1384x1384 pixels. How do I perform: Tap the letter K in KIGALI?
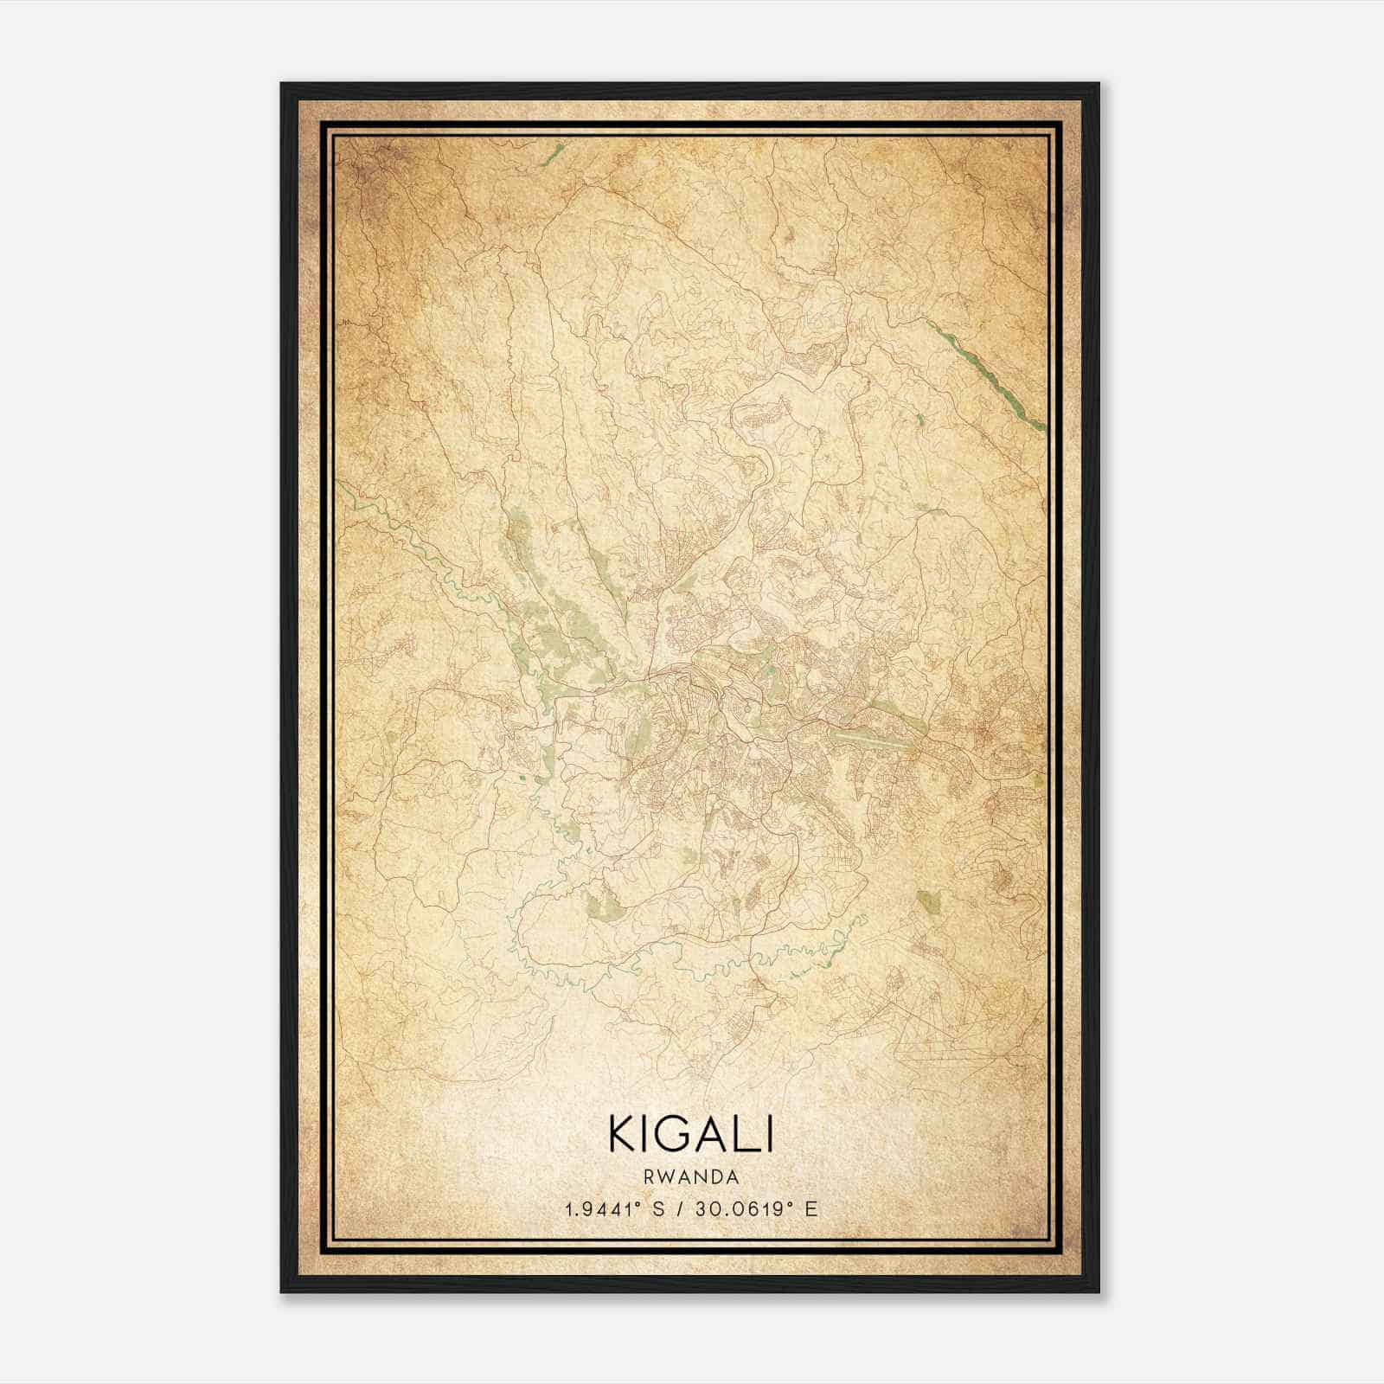(624, 1134)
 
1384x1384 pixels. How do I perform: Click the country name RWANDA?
(690, 1177)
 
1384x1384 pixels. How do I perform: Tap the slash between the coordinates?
(682, 1210)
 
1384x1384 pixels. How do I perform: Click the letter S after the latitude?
(660, 1210)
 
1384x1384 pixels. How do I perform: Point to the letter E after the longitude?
(811, 1210)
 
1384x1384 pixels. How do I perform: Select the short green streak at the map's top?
(550, 156)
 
